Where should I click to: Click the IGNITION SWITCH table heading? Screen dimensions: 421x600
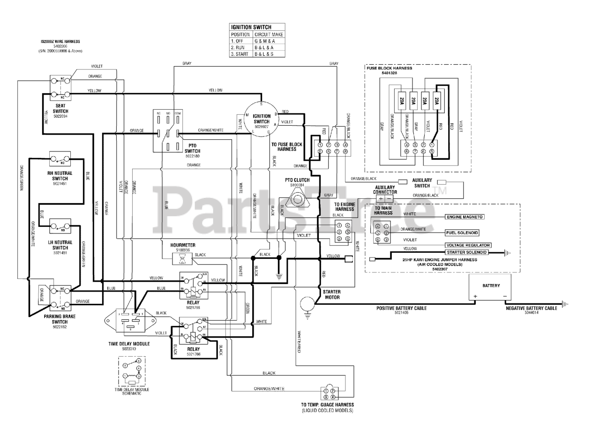tap(251, 27)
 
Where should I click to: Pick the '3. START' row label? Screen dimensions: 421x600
tap(240, 54)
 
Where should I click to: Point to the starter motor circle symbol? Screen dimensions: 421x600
tap(307, 303)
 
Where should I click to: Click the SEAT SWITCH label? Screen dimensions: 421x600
tap(60, 109)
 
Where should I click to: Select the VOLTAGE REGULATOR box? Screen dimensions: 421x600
tap(468, 245)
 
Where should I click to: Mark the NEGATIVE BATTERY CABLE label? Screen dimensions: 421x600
tap(531, 308)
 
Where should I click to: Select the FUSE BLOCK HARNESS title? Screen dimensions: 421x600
tap(389, 68)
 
